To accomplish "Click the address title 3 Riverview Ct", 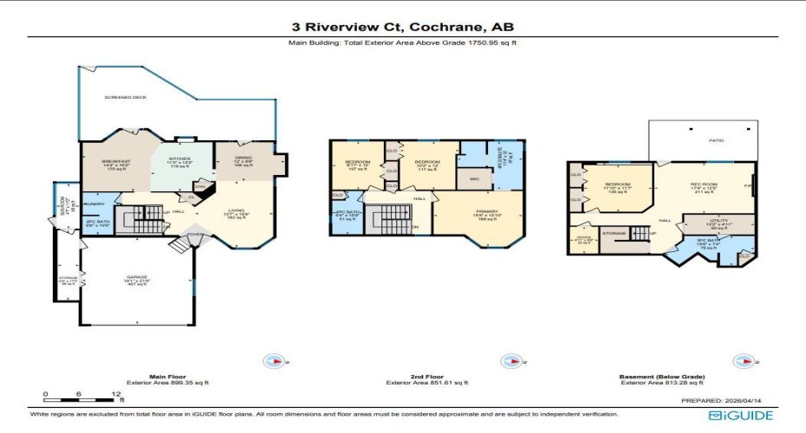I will click(402, 26).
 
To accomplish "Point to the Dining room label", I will click(244, 159).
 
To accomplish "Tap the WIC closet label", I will click(474, 179).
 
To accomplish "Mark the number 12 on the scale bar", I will click(116, 394).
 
